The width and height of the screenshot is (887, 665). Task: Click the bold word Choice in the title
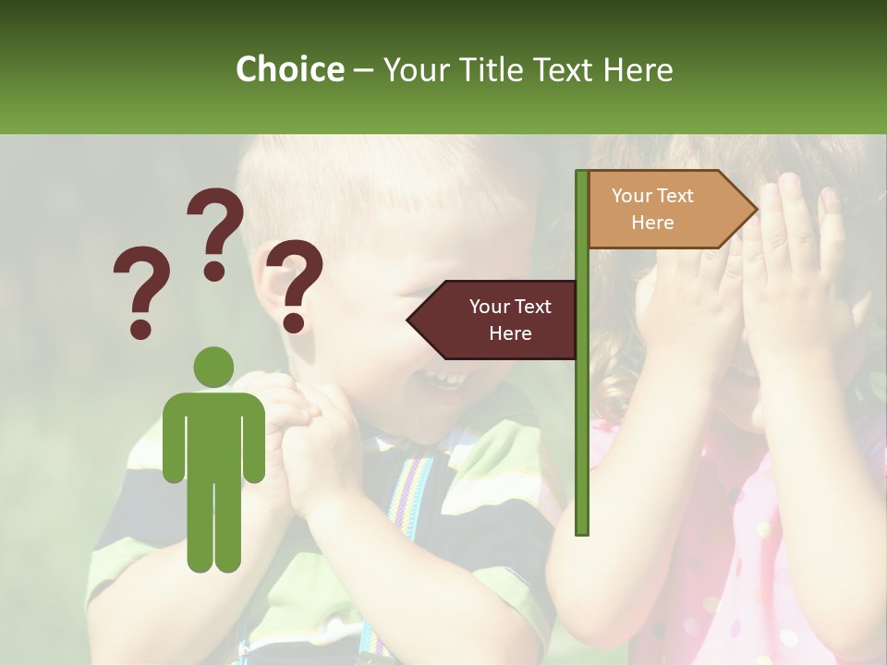point(289,69)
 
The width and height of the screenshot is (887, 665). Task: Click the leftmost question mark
point(140,288)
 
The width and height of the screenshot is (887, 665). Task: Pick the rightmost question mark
point(295,283)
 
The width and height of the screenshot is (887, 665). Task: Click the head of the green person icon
point(213,368)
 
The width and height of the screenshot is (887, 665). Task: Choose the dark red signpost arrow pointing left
point(493,320)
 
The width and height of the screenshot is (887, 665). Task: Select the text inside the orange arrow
point(652,209)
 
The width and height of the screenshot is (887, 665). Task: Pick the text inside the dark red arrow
point(510,320)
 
